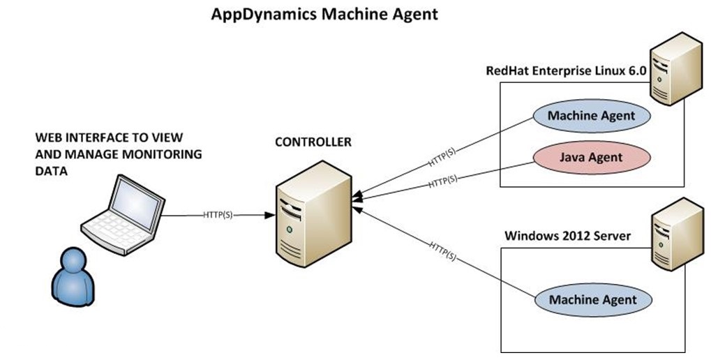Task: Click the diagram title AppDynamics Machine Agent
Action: pos(324,14)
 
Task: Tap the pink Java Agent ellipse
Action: pos(591,157)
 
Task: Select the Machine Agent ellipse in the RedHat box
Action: pos(591,115)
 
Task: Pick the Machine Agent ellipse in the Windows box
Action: pos(592,300)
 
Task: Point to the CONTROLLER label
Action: pos(313,143)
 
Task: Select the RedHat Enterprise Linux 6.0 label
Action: pos(566,71)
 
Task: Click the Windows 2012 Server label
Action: pos(567,236)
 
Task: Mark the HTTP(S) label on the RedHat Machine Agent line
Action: pos(443,158)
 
